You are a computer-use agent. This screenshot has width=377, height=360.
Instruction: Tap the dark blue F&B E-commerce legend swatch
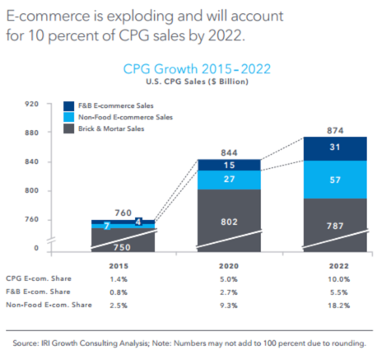(71, 106)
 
